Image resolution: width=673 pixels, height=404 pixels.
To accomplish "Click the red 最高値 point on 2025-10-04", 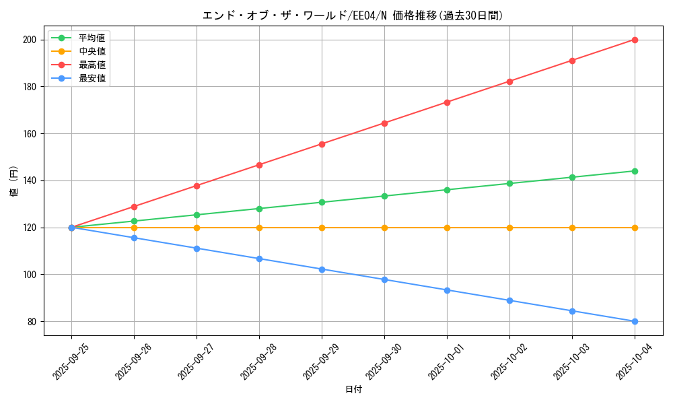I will coord(635,40).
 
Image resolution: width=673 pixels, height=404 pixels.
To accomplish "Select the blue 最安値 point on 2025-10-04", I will coord(635,321).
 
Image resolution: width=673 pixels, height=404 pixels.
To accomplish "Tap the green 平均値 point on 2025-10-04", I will coord(635,171).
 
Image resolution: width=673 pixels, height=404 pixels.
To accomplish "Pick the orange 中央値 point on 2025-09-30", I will coord(384,228).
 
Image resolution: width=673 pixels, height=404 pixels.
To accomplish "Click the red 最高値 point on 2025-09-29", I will coord(322,144).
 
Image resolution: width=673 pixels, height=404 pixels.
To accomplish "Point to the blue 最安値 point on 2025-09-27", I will coord(197,248).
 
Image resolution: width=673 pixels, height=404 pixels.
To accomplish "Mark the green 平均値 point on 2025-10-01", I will coord(447,190).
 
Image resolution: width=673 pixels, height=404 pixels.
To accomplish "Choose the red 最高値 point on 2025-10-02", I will coord(509,81).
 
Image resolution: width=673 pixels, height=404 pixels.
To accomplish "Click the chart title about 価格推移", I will coord(353,15).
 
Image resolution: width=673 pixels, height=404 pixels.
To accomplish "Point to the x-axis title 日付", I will coord(353,390).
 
